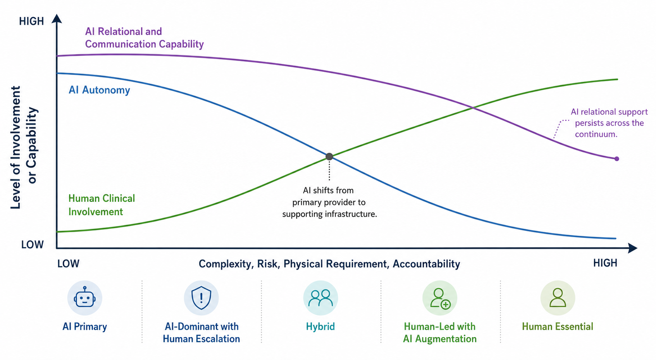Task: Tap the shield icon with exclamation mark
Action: [x=201, y=298]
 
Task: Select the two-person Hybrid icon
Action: [x=321, y=298]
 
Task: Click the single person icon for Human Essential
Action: [x=558, y=298]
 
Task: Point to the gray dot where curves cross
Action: [x=329, y=157]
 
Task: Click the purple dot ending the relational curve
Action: [x=617, y=159]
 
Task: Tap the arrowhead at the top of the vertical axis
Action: [x=57, y=19]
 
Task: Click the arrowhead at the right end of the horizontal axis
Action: [x=633, y=248]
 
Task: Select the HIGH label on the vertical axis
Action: [x=31, y=21]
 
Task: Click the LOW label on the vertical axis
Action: [x=32, y=245]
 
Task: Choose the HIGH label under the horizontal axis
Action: [x=605, y=263]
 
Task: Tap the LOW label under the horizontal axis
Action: [x=68, y=264]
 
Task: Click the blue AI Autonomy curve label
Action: [x=99, y=90]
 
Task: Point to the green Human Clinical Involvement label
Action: [x=102, y=205]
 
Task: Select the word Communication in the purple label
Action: [x=121, y=44]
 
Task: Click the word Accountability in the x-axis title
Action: [x=426, y=264]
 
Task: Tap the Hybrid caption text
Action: [x=320, y=326]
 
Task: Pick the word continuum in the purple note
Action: [x=596, y=134]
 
